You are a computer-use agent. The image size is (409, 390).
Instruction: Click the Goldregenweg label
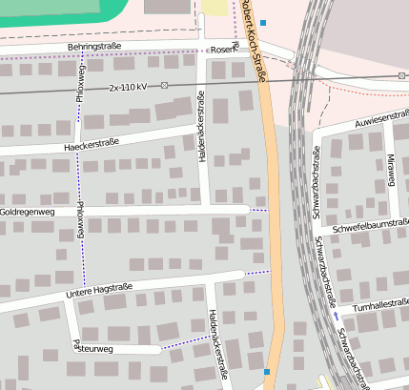[28, 211]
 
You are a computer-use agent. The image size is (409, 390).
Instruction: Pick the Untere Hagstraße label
[99, 291]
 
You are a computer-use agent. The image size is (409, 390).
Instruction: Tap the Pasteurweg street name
[92, 348]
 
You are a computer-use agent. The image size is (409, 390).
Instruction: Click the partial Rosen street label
[221, 50]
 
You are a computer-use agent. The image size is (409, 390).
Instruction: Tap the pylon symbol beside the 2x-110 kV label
[164, 85]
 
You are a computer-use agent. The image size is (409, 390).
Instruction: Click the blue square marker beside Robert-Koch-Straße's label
[263, 22]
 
